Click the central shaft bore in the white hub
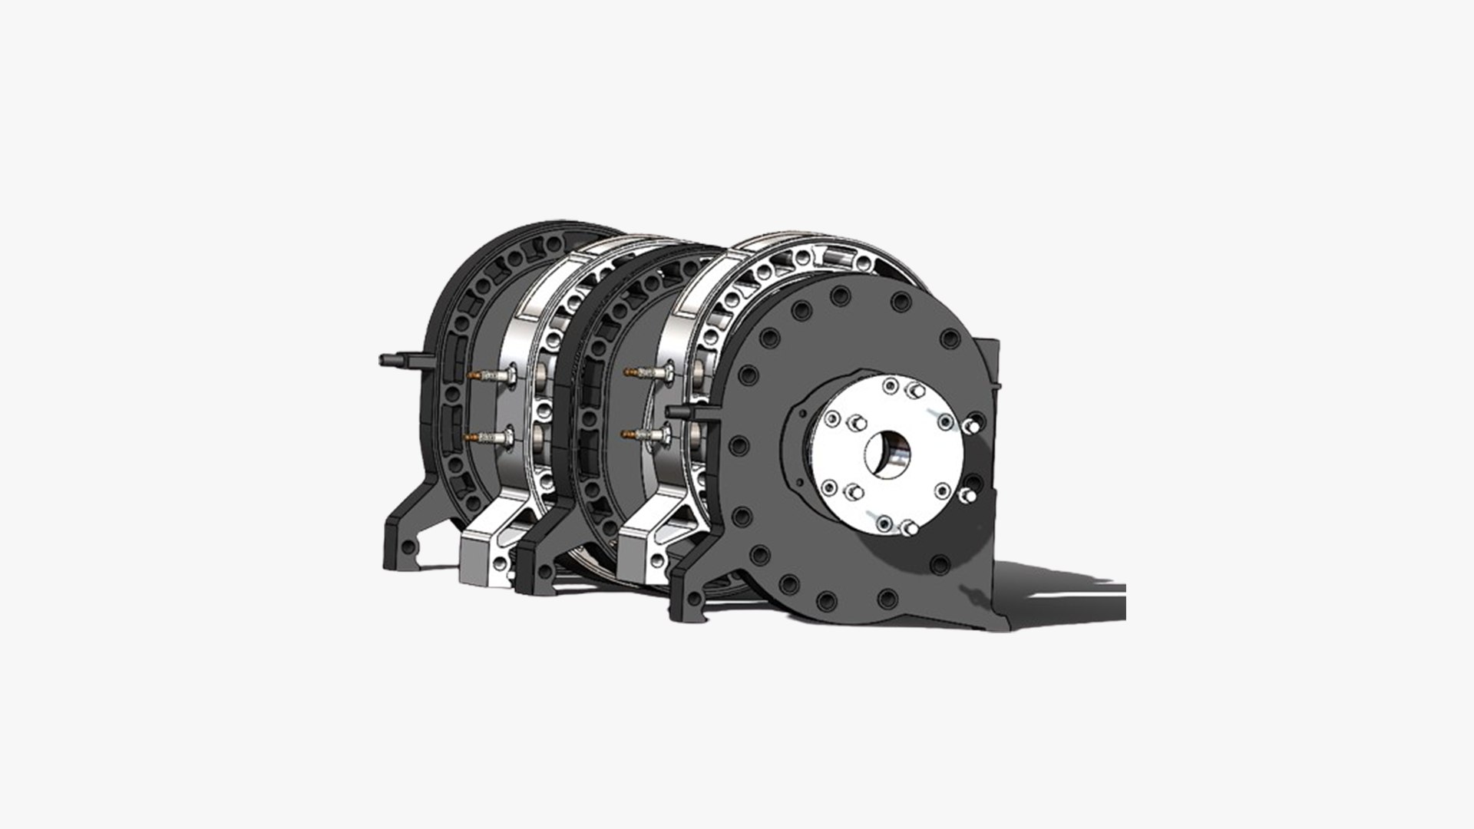[890, 452]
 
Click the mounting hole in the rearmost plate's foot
[408, 547]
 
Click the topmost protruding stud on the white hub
[915, 391]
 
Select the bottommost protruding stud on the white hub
[908, 527]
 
